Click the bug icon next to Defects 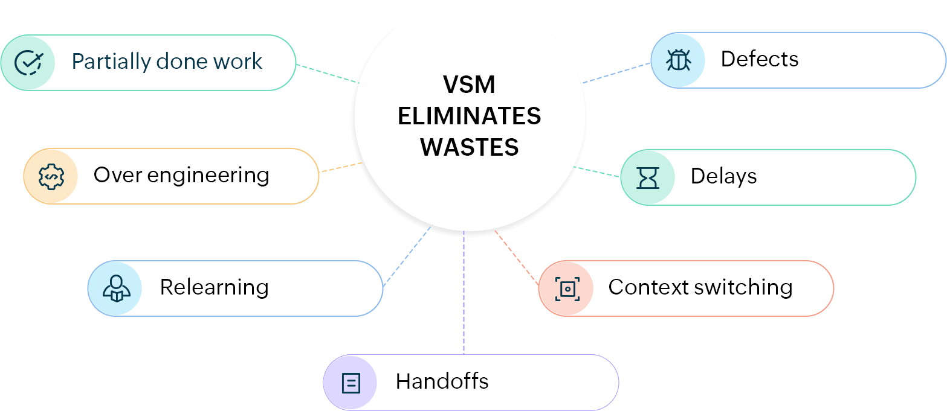(678, 60)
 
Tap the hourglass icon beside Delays (647, 177)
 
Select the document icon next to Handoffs (351, 383)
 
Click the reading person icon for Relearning (116, 288)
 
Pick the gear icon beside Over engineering (51, 176)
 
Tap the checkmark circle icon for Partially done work (28, 62)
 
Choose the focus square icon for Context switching (566, 289)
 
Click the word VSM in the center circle (469, 85)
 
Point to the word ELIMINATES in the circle (469, 116)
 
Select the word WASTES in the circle (469, 147)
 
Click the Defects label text (759, 59)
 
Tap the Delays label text (723, 176)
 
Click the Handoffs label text (442, 381)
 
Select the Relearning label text (214, 287)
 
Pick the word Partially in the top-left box (110, 62)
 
